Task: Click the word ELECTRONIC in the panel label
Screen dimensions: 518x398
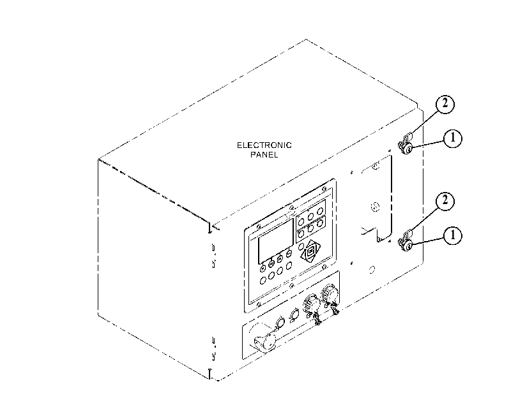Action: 264,145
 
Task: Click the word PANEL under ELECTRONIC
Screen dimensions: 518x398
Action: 264,154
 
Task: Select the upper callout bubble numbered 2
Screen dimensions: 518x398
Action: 445,104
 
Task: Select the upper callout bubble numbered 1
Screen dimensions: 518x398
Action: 452,138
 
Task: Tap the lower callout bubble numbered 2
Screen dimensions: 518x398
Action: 445,201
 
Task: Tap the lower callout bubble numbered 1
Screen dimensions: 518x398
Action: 452,235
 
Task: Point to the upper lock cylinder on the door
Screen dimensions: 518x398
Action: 406,149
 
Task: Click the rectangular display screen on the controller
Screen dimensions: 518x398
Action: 275,241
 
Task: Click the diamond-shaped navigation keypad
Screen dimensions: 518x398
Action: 310,251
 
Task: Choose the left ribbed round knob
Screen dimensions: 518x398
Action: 311,302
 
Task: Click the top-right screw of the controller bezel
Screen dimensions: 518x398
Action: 324,189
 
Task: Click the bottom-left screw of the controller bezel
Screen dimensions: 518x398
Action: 259,304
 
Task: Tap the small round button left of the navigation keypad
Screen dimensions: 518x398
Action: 301,247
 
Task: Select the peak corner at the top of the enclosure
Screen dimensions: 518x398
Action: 306,40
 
